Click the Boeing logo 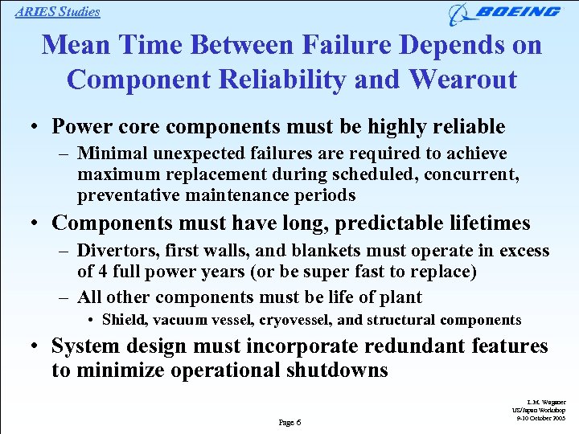[x=504, y=13]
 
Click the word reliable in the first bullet [x=466, y=127]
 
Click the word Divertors [x=119, y=252]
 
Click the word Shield [x=124, y=320]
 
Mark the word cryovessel [x=294, y=320]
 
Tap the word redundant [x=411, y=347]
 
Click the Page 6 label [x=289, y=421]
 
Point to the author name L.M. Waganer [x=548, y=402]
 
